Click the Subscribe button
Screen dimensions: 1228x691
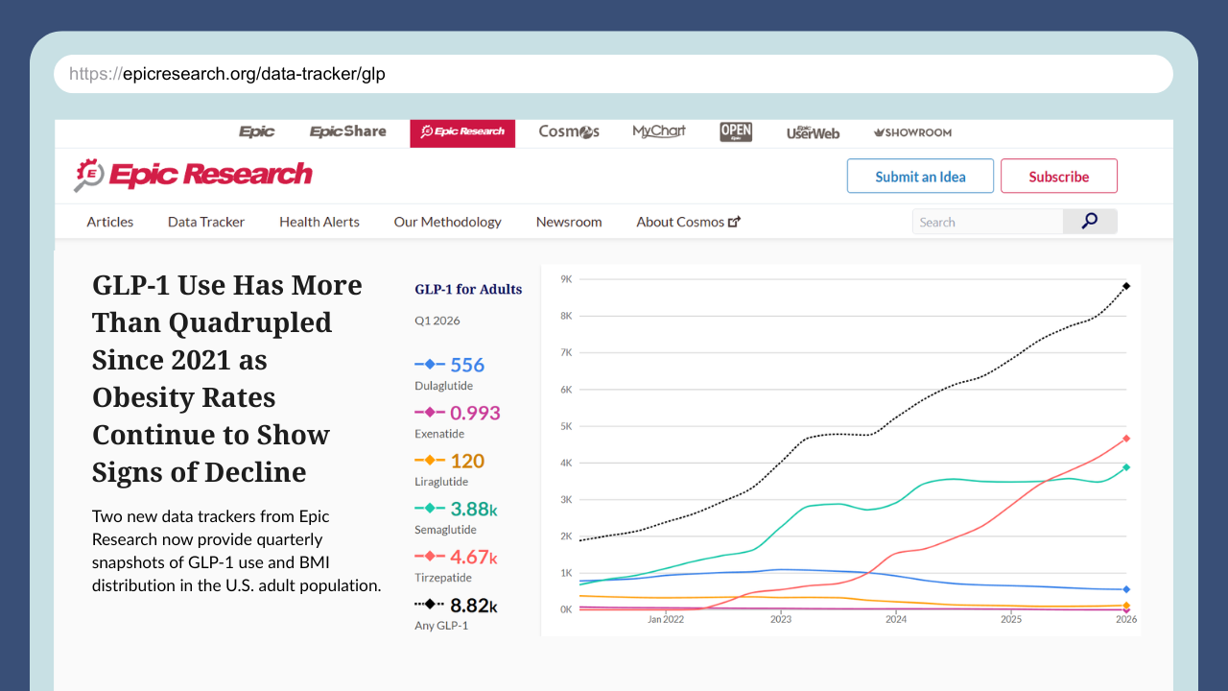pyautogui.click(x=1058, y=176)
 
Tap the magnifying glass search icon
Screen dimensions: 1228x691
pyautogui.click(x=1089, y=221)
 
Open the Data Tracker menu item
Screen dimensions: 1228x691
pyautogui.click(x=206, y=222)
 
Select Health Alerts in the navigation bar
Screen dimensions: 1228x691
pyautogui.click(x=319, y=222)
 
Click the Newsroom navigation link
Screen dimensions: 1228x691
pyautogui.click(x=569, y=222)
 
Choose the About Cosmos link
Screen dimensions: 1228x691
pyautogui.click(x=688, y=222)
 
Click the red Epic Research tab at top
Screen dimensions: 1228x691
pyautogui.click(x=462, y=133)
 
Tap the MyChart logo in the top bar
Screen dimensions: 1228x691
pyautogui.click(x=659, y=131)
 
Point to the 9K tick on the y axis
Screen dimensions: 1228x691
pyautogui.click(x=566, y=279)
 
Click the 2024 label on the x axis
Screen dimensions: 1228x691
pyautogui.click(x=896, y=619)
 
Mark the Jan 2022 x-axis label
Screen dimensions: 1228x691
pyautogui.click(x=666, y=619)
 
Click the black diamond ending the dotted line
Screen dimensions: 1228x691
pyautogui.click(x=1126, y=286)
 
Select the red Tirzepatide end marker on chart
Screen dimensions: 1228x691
pyautogui.click(x=1126, y=439)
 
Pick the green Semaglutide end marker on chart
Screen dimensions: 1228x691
pyautogui.click(x=1126, y=467)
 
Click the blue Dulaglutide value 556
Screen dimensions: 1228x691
pyautogui.click(x=467, y=365)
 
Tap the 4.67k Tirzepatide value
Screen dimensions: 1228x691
pyautogui.click(x=474, y=558)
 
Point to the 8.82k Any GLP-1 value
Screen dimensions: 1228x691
pyautogui.click(x=474, y=606)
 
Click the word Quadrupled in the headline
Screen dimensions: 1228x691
pyautogui.click(x=250, y=322)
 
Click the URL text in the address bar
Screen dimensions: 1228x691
pyautogui.click(x=227, y=74)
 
